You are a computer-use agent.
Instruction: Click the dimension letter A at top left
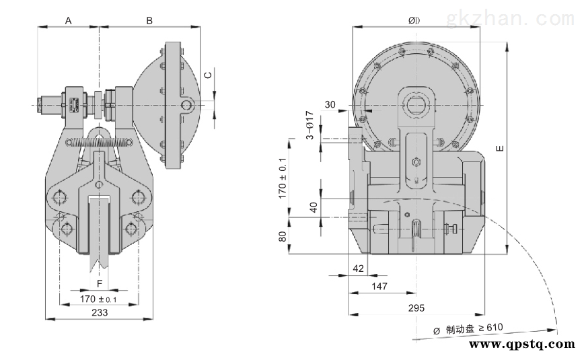pyautogui.click(x=68, y=21)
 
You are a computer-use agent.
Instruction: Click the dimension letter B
pyautogui.click(x=149, y=21)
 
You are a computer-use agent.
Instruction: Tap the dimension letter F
pyautogui.click(x=100, y=283)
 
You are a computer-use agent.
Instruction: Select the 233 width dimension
pyautogui.click(x=99, y=312)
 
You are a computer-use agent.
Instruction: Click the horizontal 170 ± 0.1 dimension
pyautogui.click(x=99, y=298)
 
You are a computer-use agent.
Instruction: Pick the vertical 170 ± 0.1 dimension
pyautogui.click(x=283, y=177)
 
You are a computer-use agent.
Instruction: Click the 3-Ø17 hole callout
pyautogui.click(x=310, y=124)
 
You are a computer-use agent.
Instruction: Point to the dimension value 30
pyautogui.click(x=330, y=104)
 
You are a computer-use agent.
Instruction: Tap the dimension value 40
pyautogui.click(x=313, y=207)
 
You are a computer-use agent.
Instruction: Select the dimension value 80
pyautogui.click(x=283, y=236)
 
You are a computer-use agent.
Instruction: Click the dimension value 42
pyautogui.click(x=358, y=268)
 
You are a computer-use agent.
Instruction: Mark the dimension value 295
pyautogui.click(x=416, y=308)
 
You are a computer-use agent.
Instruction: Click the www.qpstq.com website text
pyautogui.click(x=521, y=344)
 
